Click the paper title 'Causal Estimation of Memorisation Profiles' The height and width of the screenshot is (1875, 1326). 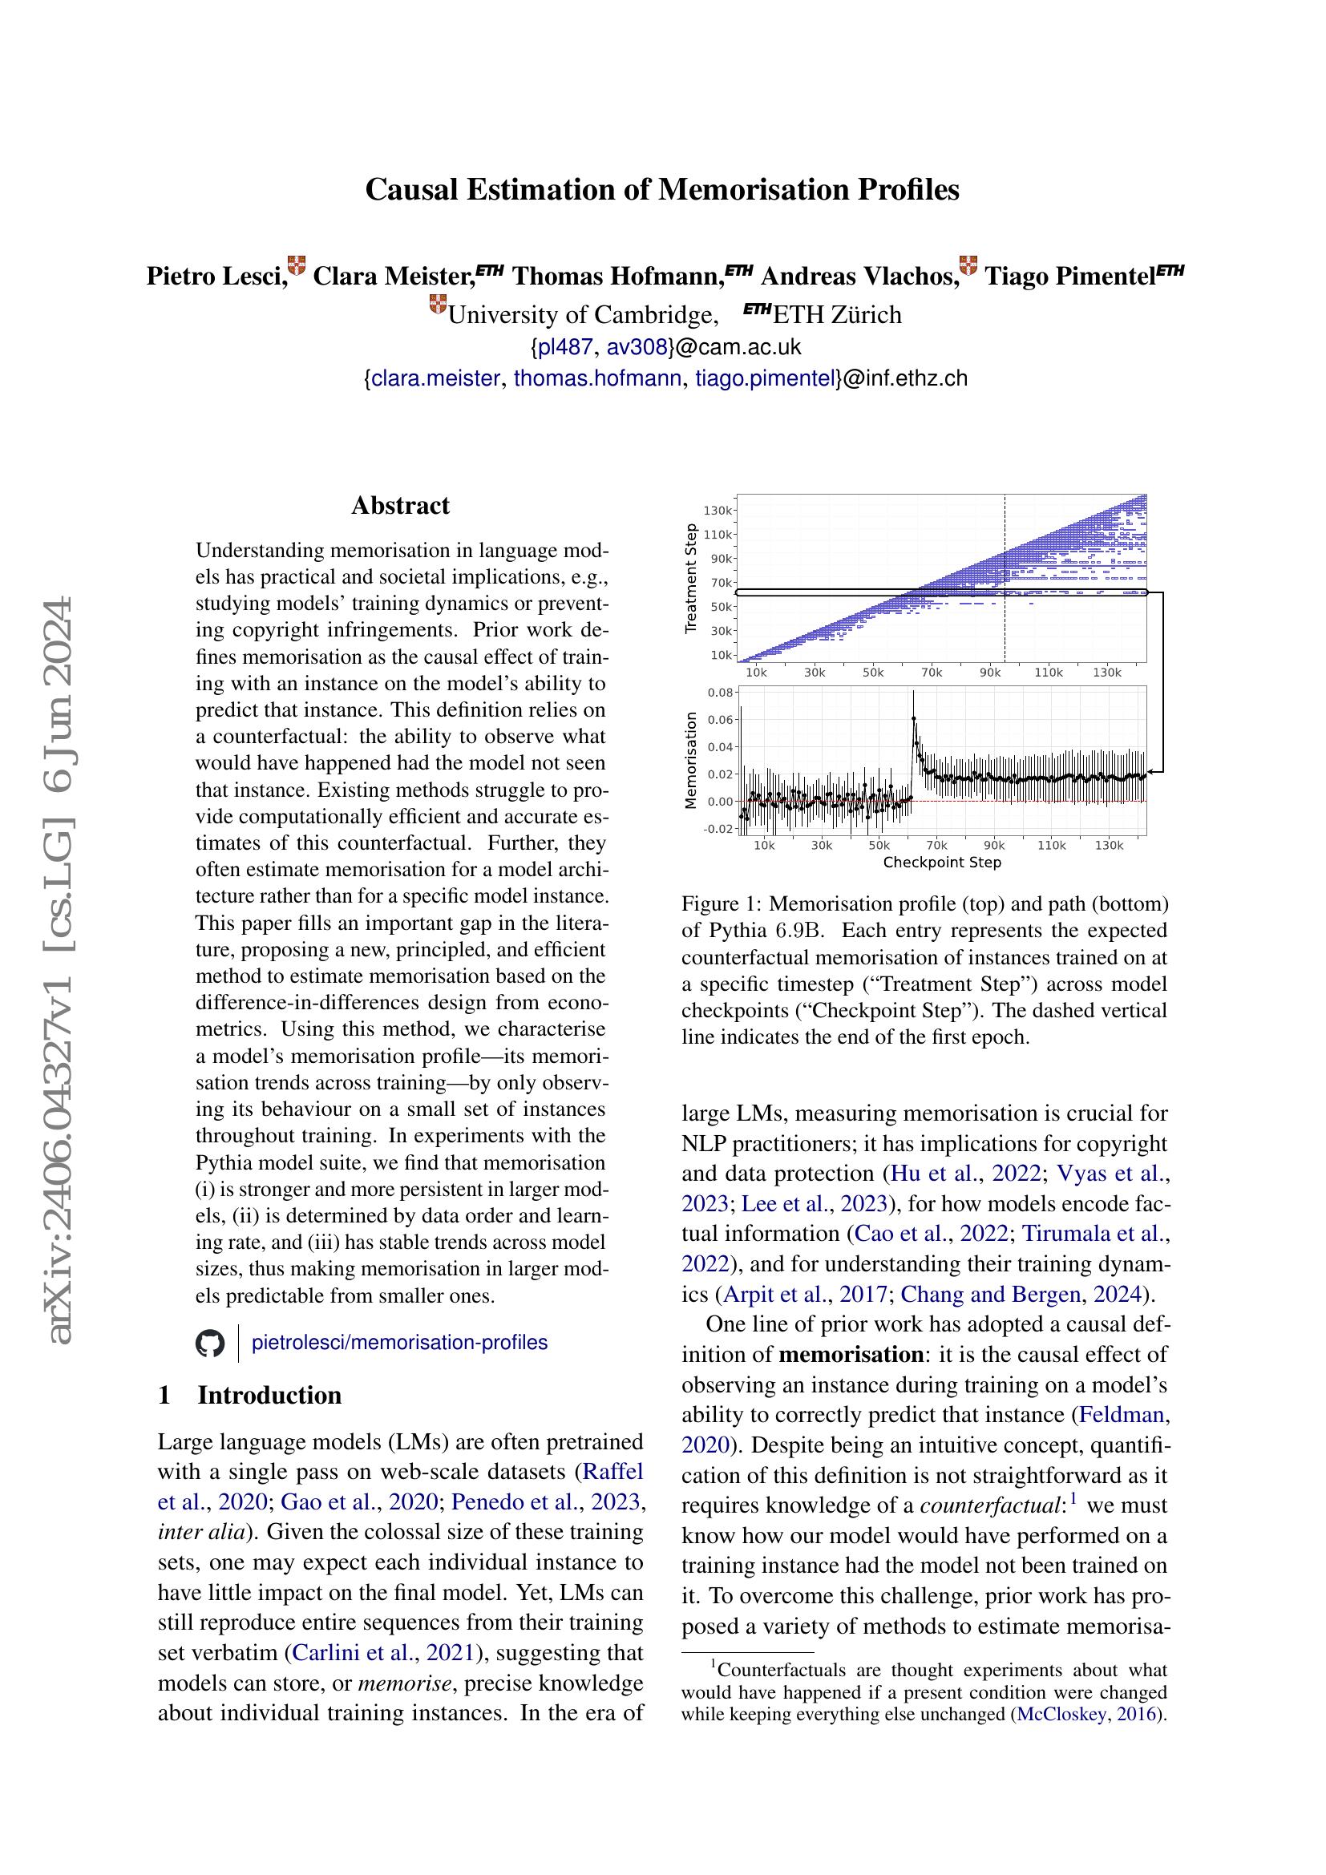pyautogui.click(x=661, y=189)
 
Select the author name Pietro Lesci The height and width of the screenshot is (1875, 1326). pyautogui.click(x=216, y=276)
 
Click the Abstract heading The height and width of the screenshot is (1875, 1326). pyautogui.click(x=400, y=506)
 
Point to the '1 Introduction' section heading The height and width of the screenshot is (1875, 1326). pyautogui.click(x=250, y=1395)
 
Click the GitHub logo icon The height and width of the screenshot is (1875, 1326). pyautogui.click(x=211, y=1344)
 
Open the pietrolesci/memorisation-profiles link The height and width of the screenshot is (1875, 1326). pyautogui.click(x=399, y=1343)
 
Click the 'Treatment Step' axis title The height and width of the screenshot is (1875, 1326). pyautogui.click(x=692, y=577)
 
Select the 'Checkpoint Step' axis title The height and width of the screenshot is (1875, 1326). pyautogui.click(x=941, y=862)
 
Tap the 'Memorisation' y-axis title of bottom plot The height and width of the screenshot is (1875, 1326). pyautogui.click(x=692, y=760)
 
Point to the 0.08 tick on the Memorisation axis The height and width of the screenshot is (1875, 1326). pyautogui.click(x=720, y=693)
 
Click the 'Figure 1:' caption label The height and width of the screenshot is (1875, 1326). pyautogui.click(x=722, y=904)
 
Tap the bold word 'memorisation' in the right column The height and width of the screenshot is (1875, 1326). pyautogui.click(x=850, y=1355)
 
